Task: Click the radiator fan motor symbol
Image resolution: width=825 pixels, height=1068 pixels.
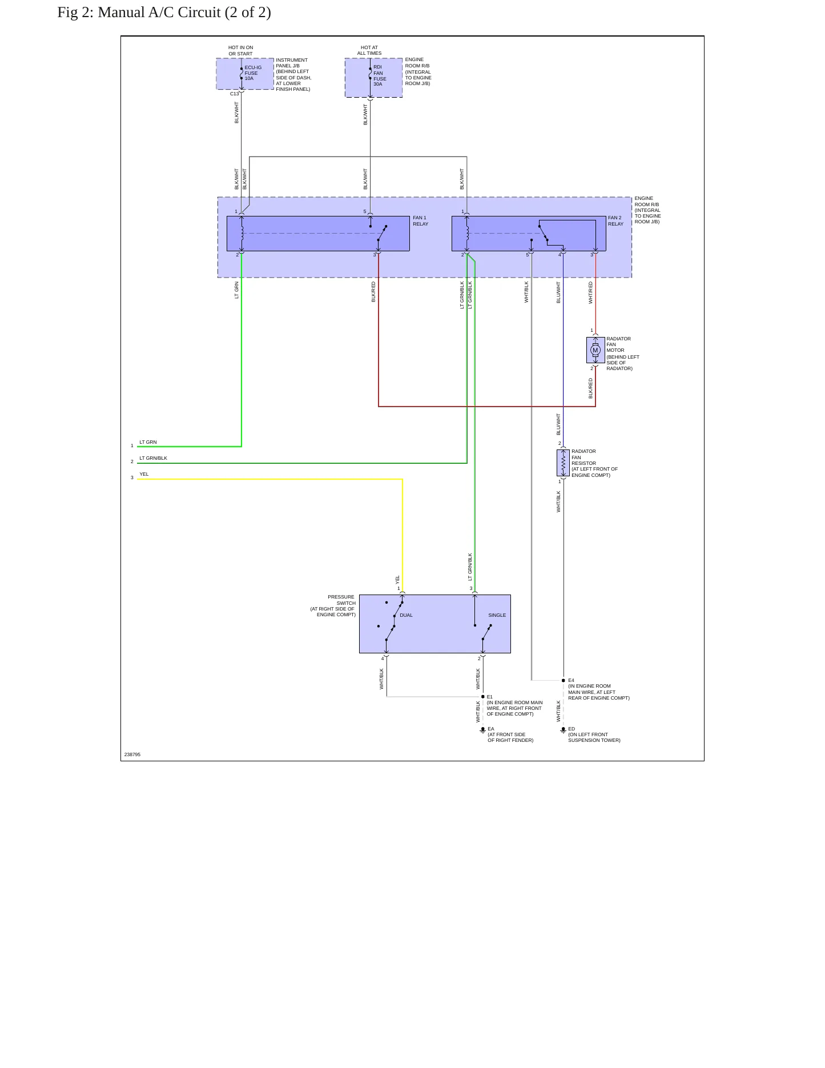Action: click(595, 350)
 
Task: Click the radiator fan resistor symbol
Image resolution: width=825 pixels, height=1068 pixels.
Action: click(564, 463)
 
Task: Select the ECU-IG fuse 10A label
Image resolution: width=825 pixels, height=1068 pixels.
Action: click(253, 73)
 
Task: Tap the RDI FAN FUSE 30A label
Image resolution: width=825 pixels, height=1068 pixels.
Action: click(380, 75)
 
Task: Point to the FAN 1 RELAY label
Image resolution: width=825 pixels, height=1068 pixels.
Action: click(421, 220)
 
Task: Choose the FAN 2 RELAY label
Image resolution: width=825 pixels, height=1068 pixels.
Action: click(615, 220)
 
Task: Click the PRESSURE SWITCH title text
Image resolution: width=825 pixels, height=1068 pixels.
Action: click(341, 600)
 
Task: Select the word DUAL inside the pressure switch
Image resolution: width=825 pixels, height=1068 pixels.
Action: click(406, 615)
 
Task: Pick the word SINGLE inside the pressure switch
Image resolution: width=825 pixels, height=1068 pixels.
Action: click(497, 615)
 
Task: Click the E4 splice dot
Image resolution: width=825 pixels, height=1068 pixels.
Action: click(564, 680)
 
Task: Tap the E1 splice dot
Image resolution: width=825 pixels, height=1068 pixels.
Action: click(483, 697)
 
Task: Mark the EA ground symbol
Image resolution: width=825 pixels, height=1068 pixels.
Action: click(483, 730)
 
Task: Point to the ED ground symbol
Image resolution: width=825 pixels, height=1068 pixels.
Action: click(564, 730)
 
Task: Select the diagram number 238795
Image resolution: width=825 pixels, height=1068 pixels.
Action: click(132, 754)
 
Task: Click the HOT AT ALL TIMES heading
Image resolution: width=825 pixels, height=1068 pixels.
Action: click(369, 50)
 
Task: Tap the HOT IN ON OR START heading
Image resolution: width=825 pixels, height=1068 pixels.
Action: click(240, 51)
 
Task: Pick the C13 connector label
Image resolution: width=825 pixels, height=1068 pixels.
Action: click(234, 94)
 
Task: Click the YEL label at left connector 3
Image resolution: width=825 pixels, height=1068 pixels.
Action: click(144, 474)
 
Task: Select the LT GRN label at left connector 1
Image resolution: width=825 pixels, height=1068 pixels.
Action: click(148, 442)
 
